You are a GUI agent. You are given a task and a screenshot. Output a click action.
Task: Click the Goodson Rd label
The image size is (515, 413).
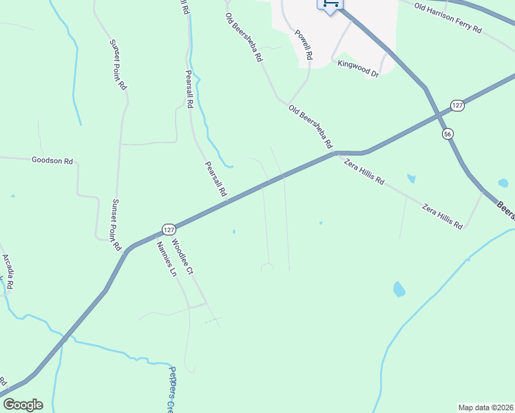point(52,160)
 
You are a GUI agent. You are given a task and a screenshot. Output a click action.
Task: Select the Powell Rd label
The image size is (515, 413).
point(304,43)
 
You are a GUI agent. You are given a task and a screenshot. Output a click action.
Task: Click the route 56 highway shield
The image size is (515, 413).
point(448,134)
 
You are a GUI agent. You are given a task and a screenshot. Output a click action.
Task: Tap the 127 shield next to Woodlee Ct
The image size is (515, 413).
point(169,229)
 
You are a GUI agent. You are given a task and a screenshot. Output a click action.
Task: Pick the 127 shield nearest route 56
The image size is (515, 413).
point(459,105)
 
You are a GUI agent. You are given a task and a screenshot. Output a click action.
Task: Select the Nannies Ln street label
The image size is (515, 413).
point(166,258)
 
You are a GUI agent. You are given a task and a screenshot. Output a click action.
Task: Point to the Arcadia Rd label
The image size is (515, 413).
point(8,270)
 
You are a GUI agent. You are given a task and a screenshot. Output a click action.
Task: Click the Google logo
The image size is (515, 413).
point(23,404)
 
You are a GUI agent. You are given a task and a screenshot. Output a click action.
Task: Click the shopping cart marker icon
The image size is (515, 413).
point(330,5)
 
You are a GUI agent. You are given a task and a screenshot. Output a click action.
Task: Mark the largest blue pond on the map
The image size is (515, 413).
point(399,289)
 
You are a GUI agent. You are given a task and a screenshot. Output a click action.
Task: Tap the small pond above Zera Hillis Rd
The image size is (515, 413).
point(411,179)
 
